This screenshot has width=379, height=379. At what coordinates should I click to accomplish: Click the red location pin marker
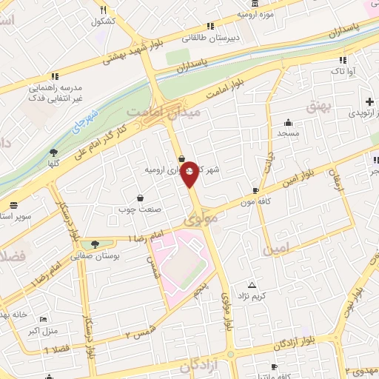click(189, 174)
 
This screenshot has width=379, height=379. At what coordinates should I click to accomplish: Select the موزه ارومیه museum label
click(256, 14)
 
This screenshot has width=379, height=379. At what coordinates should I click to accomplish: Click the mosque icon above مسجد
click(287, 122)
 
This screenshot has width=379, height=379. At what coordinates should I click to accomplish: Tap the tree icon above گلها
click(53, 152)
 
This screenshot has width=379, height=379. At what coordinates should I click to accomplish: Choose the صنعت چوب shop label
click(140, 209)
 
